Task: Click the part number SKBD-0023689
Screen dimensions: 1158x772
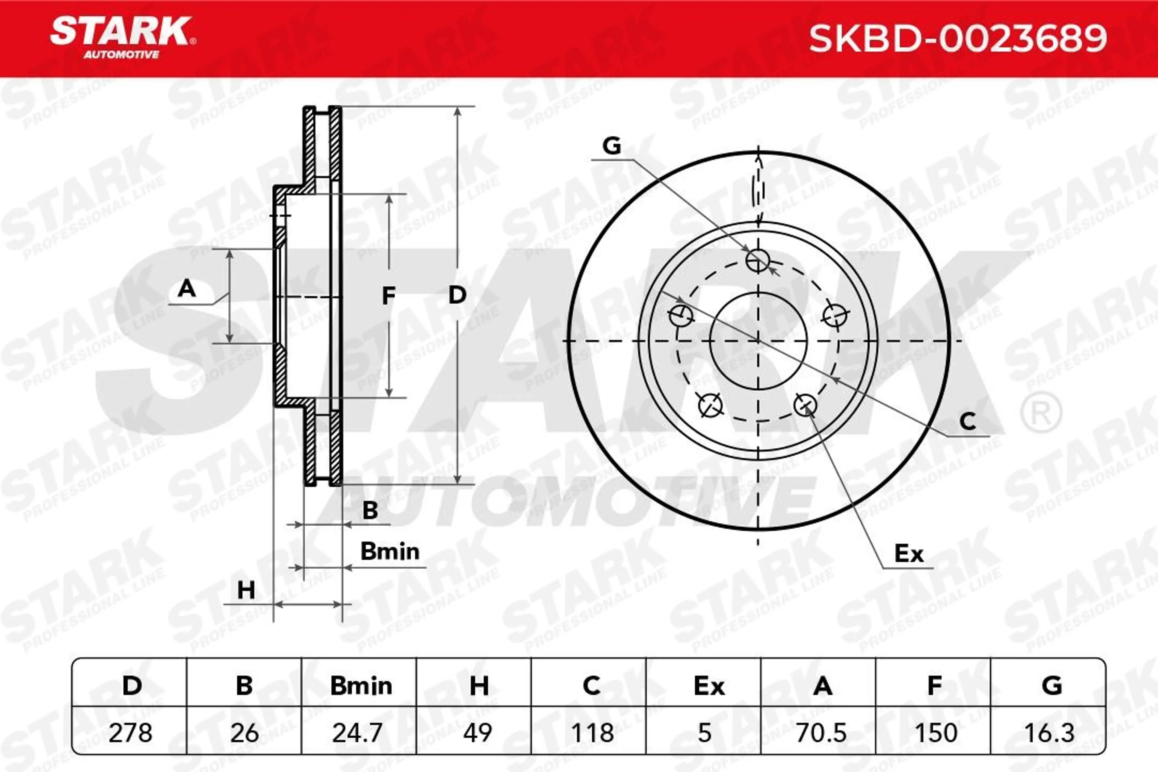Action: [x=958, y=38]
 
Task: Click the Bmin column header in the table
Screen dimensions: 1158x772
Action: [x=361, y=686]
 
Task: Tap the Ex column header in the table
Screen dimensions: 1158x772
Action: [x=709, y=686]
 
